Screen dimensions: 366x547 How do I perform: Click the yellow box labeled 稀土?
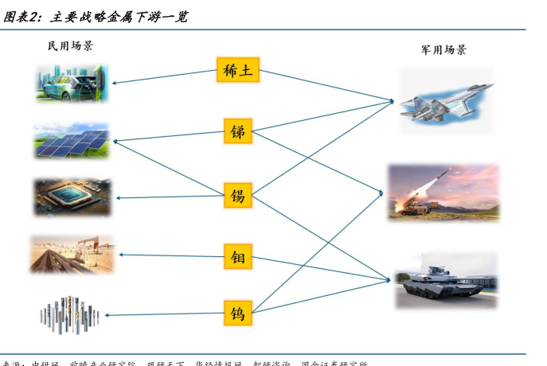pyautogui.click(x=238, y=70)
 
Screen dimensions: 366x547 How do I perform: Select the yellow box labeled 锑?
pyautogui.click(x=238, y=130)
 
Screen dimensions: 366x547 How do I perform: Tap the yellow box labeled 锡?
pyautogui.click(x=238, y=195)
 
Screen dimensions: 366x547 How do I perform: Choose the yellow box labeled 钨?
pyautogui.click(x=238, y=312)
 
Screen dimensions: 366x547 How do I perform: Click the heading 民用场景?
pyautogui.click(x=71, y=46)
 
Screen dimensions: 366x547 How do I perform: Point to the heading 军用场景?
pyautogui.click(x=443, y=49)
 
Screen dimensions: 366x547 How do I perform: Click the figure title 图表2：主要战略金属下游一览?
pyautogui.click(x=96, y=16)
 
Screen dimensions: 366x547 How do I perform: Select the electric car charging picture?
pyautogui.click(x=72, y=83)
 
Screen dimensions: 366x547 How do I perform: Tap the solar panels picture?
pyautogui.click(x=72, y=141)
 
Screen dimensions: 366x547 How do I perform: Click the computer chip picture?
pyautogui.click(x=72, y=197)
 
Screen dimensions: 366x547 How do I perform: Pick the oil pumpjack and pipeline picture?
pyautogui.click(x=72, y=255)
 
